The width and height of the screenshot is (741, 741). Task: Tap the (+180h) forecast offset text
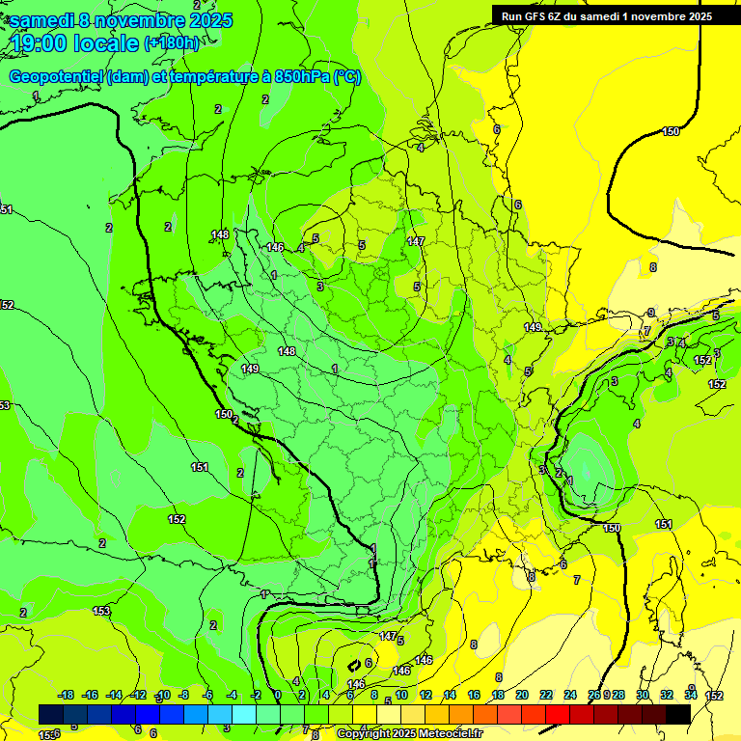coord(172,42)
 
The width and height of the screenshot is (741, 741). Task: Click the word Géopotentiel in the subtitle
coord(56,77)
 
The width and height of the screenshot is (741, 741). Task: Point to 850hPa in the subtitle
coord(297,77)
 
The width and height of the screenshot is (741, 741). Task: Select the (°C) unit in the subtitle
coord(347,77)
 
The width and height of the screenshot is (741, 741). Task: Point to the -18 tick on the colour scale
coord(66,695)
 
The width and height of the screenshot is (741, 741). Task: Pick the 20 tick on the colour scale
coord(522,695)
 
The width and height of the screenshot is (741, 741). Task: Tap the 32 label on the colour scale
coord(667,695)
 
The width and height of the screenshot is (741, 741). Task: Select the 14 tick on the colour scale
coord(450,695)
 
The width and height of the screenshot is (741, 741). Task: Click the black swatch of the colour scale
coord(678,714)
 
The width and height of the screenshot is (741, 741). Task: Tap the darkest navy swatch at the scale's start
coord(51,714)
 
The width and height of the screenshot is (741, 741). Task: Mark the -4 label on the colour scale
coord(232,695)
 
